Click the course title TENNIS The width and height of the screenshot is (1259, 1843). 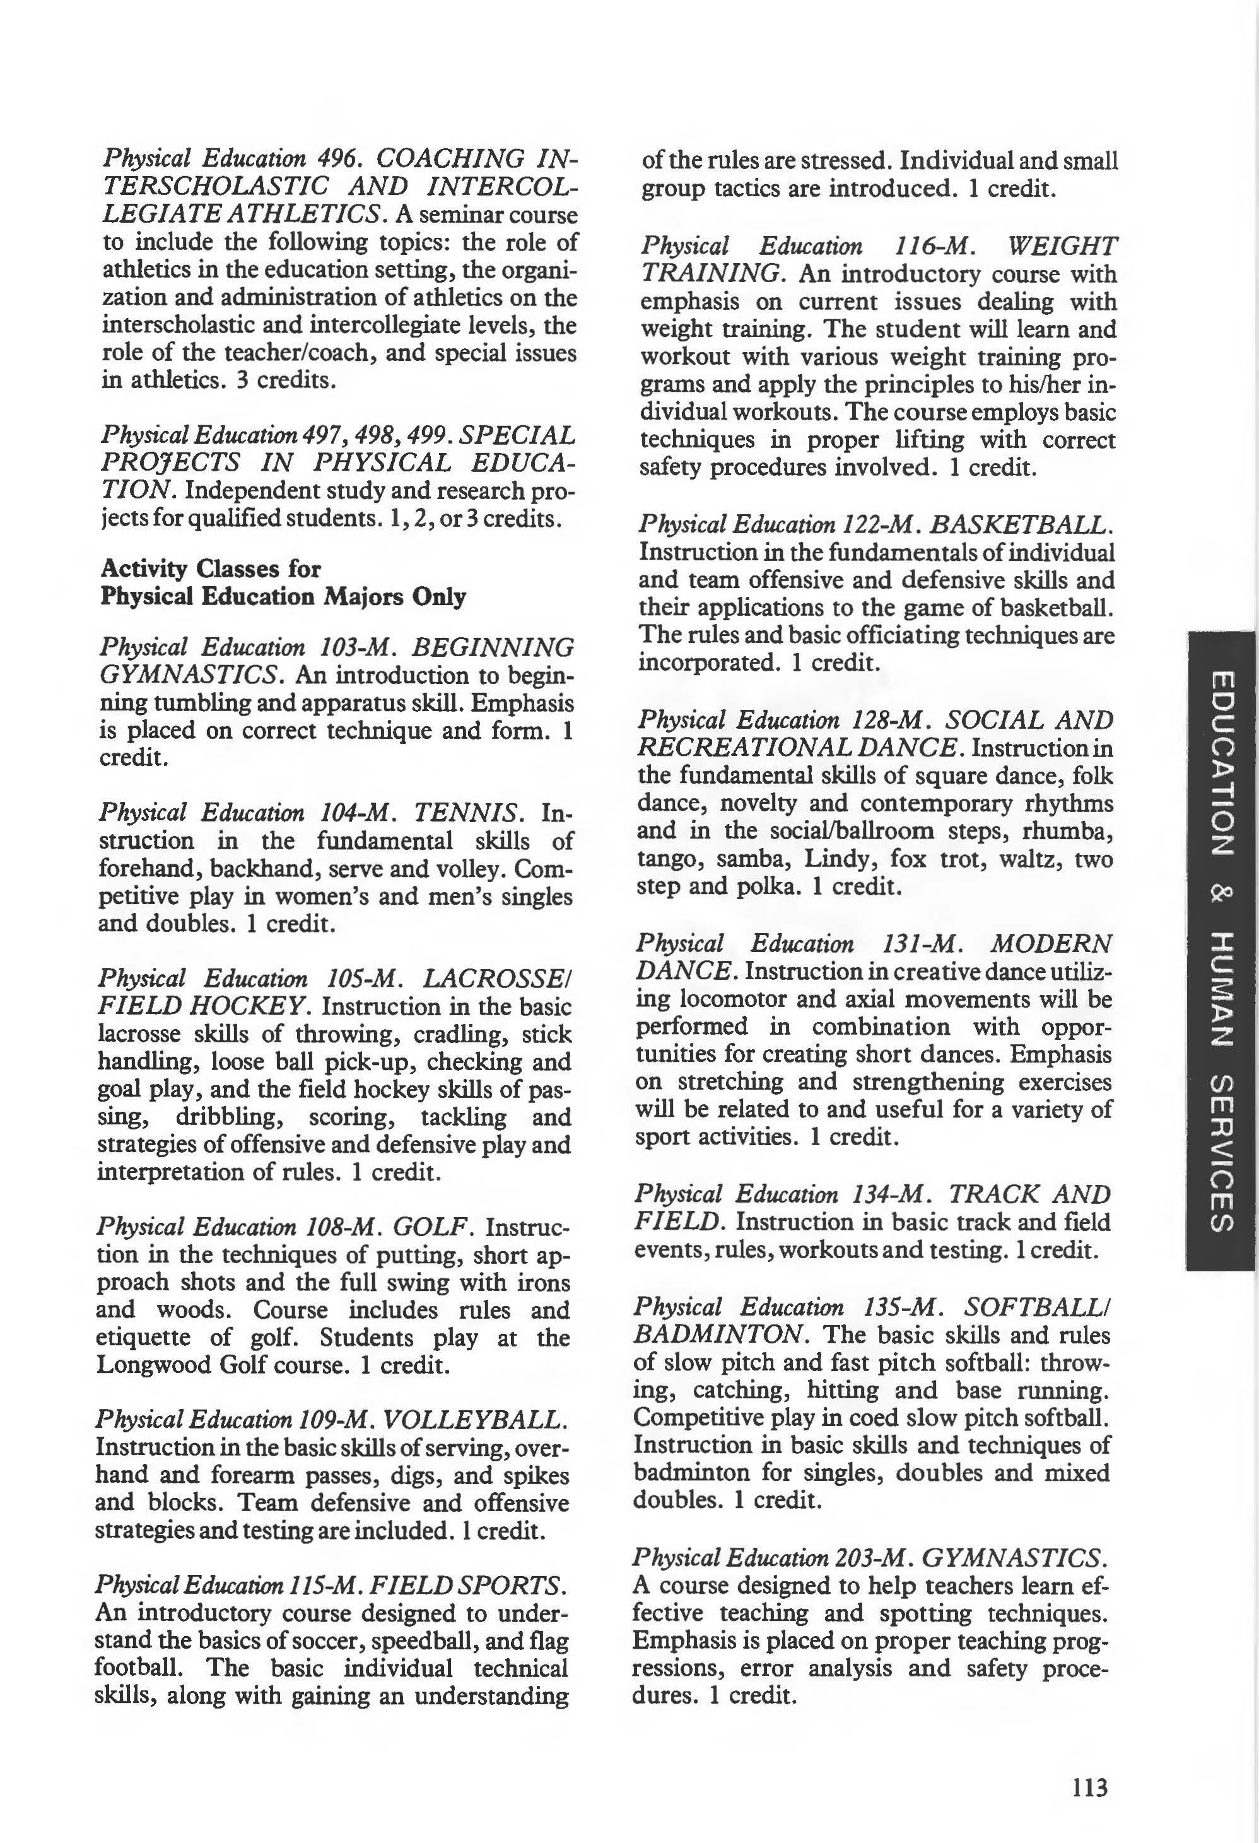(469, 812)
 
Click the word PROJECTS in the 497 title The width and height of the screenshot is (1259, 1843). (170, 462)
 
